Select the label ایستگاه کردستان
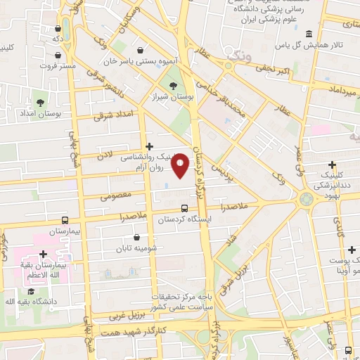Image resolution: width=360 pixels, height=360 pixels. (x=184, y=219)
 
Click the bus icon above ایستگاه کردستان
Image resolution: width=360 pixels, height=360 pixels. (x=184, y=208)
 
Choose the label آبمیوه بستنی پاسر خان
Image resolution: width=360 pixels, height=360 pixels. (x=141, y=61)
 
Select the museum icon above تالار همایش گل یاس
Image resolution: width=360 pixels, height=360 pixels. (x=309, y=34)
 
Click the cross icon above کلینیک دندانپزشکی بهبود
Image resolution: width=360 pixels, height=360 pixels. (x=332, y=165)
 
